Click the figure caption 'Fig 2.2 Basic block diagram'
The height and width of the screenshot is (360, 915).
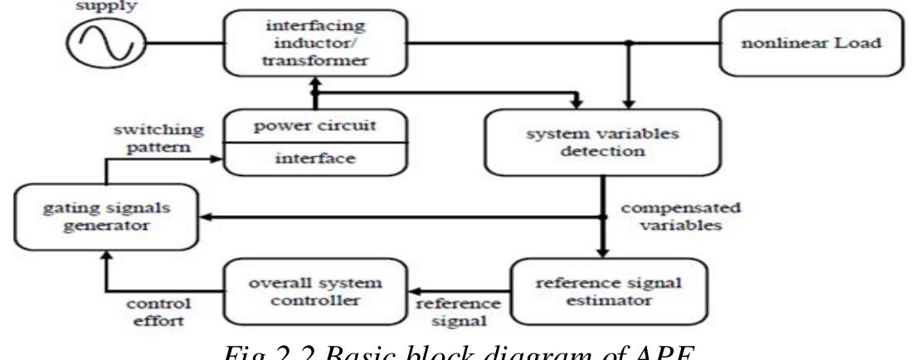tap(457, 351)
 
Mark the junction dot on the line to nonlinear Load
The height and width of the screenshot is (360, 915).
tap(630, 41)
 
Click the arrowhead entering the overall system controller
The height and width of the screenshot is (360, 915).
tap(416, 294)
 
